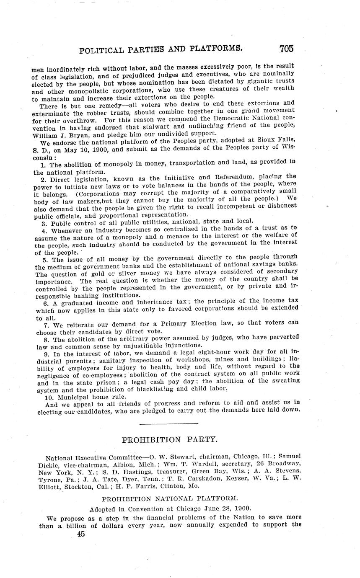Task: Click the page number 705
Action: pos(286,48)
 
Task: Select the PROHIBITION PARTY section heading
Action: pos(169,440)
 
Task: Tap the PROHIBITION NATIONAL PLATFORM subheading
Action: pos(170,498)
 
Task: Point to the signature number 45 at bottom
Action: pos(81,534)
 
